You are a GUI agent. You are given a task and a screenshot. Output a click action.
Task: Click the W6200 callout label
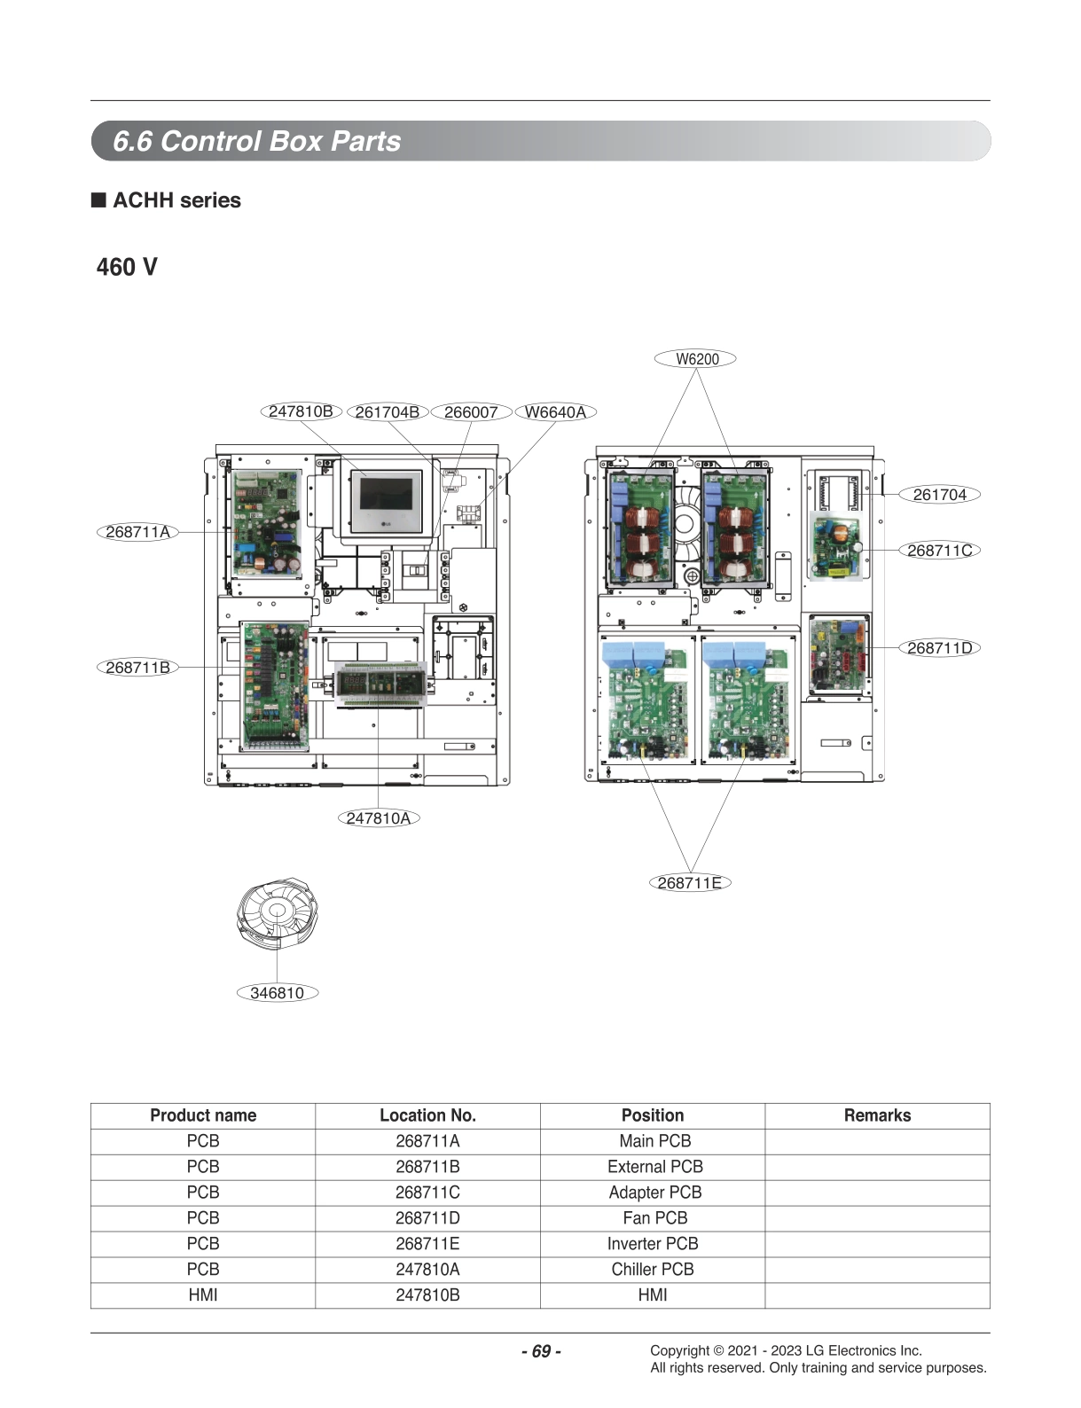(696, 359)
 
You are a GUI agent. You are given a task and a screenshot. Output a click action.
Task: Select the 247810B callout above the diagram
(301, 411)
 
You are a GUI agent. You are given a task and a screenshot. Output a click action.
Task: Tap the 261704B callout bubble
(387, 412)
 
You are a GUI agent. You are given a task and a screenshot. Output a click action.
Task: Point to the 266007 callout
(470, 412)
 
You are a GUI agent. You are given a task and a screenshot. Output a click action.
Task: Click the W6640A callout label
(555, 412)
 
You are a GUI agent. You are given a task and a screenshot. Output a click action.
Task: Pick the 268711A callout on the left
(137, 532)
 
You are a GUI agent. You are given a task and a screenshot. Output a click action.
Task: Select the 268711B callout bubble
(137, 668)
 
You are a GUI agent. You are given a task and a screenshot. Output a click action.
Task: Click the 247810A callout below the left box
(379, 818)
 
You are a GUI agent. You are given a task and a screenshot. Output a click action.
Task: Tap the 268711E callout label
(690, 883)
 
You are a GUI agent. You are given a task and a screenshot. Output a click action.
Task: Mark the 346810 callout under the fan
(277, 993)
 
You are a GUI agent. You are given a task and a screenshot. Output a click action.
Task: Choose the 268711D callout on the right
(939, 648)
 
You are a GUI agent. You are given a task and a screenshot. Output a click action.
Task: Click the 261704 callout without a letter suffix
(939, 495)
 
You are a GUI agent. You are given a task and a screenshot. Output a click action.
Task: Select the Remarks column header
(877, 1115)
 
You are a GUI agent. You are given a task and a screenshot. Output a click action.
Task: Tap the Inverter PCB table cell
(653, 1244)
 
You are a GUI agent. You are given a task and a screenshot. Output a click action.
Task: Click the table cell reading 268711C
(427, 1193)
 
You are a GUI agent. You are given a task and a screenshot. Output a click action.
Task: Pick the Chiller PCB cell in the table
(653, 1270)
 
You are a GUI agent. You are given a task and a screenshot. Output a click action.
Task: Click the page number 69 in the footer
(541, 1351)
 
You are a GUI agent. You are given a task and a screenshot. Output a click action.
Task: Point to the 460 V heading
(127, 267)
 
